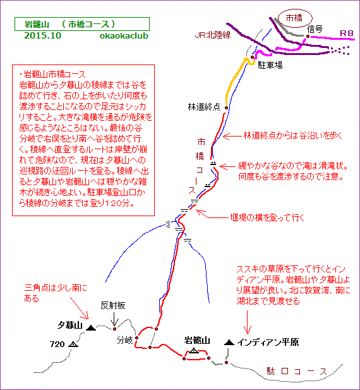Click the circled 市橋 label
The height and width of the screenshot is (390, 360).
[x=294, y=18]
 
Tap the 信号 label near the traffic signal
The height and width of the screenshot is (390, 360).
[x=315, y=29]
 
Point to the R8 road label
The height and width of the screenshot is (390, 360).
[x=347, y=33]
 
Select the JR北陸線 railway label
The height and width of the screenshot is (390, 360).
[x=213, y=35]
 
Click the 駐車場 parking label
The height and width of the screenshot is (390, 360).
[x=270, y=65]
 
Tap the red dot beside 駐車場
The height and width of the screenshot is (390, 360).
[x=252, y=58]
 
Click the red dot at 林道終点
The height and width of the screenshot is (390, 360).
[x=226, y=107]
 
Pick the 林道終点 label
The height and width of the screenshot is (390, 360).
[x=204, y=107]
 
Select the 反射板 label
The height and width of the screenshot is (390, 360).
[x=113, y=305]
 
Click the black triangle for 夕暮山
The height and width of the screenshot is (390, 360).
[x=91, y=328]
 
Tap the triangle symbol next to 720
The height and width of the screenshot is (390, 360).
[x=73, y=344]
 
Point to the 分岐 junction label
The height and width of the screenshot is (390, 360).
[x=124, y=340]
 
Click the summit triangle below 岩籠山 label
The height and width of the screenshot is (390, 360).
[x=194, y=351]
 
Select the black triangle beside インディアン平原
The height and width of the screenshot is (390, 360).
[x=229, y=343]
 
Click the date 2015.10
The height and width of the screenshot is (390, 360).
[x=42, y=35]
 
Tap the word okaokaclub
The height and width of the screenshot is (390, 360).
[x=124, y=36]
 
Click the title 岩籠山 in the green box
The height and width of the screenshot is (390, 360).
[x=37, y=25]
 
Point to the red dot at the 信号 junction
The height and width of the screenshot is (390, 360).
[x=308, y=36]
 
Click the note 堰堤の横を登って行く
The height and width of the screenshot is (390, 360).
[x=267, y=217]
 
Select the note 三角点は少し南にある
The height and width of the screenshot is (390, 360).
[x=56, y=293]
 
